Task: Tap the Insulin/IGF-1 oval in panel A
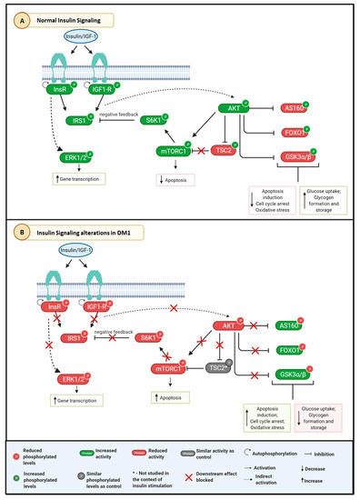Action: pyautogui.click(x=82, y=38)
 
